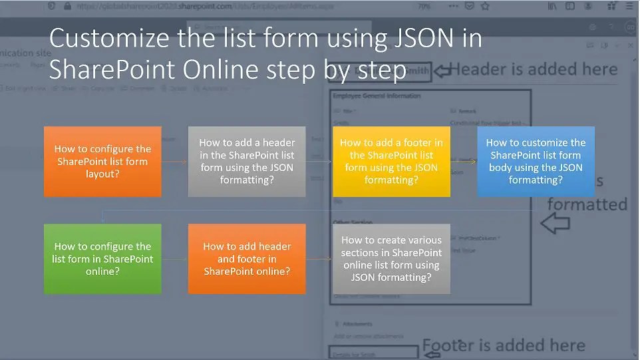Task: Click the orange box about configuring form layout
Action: pos(102,161)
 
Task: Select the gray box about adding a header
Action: pos(247,161)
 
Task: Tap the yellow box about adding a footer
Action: pos(391,161)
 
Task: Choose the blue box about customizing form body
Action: pos(536,161)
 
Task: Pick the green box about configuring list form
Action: pos(102,258)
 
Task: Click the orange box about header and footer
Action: pos(247,258)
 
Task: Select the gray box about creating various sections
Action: pos(391,258)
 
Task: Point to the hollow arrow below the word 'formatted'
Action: pos(555,224)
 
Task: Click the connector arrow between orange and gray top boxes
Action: pos(175,162)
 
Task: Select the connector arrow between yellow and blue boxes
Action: pos(464,161)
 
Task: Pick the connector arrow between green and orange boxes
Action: pos(175,259)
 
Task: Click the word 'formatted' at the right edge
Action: pos(587,204)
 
